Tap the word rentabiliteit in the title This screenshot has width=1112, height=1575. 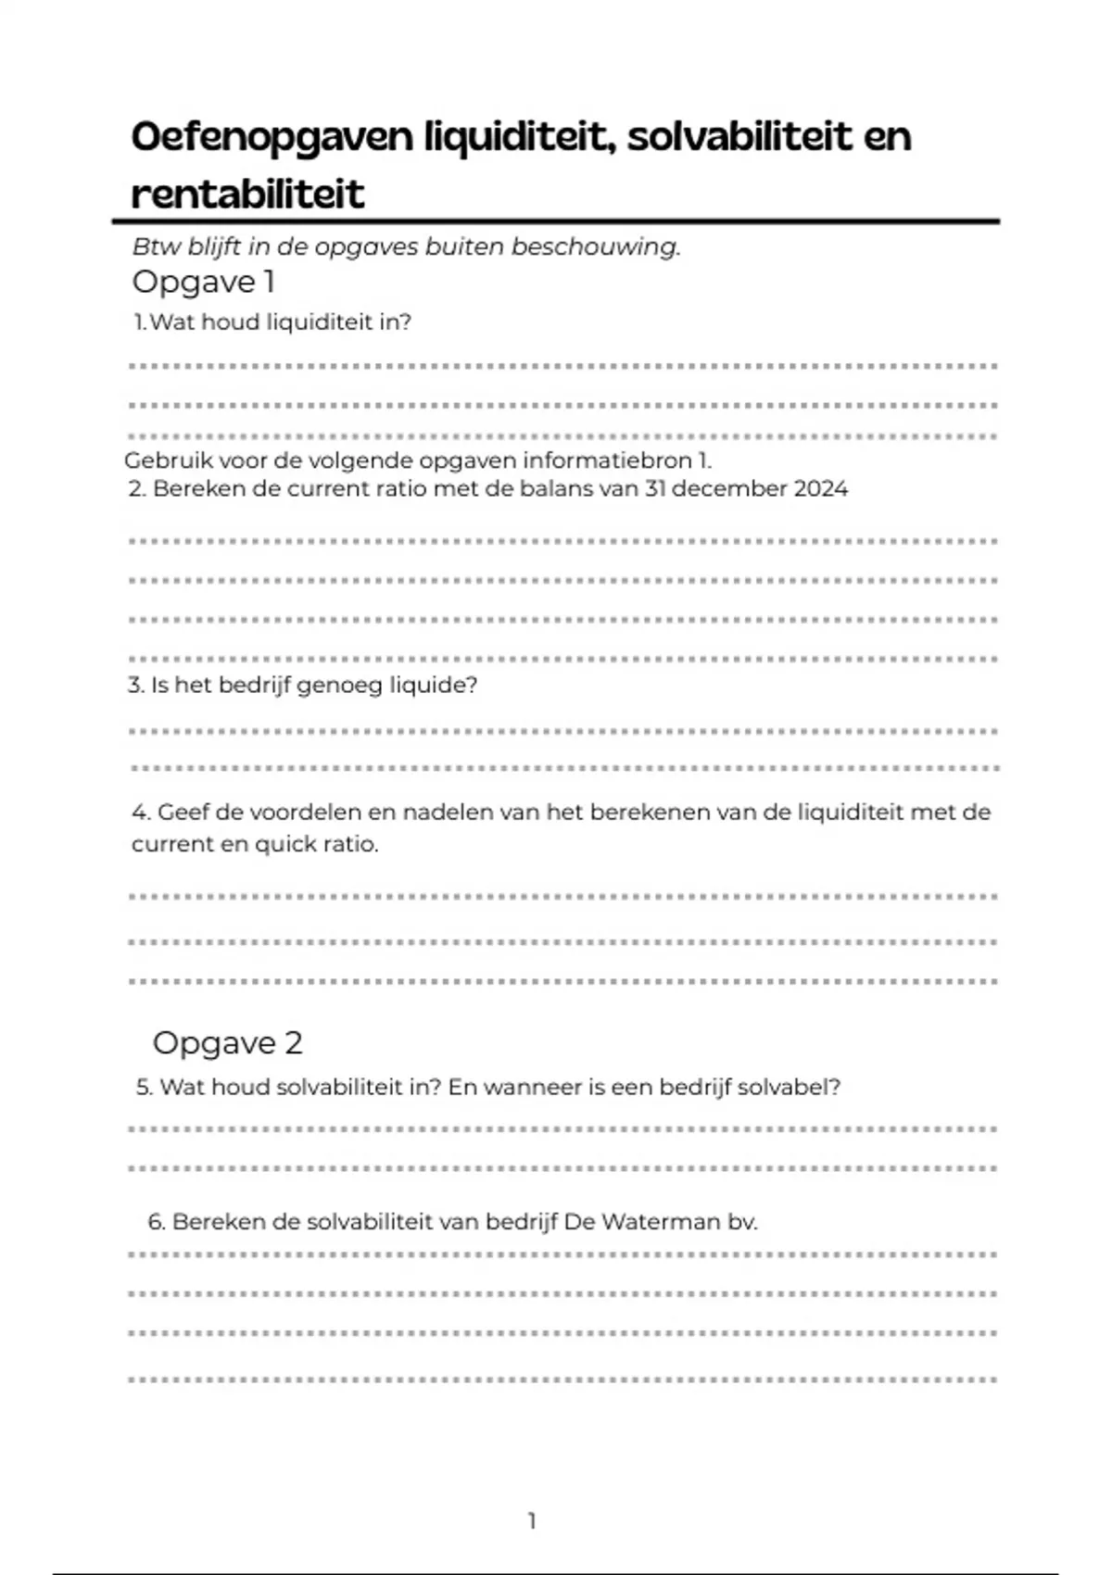click(247, 194)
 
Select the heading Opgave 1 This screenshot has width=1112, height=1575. click(203, 282)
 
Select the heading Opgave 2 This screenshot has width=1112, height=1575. click(227, 1043)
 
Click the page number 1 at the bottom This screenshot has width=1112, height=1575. click(532, 1520)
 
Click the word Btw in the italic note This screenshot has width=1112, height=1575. click(157, 246)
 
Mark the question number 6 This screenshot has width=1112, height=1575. click(156, 1222)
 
